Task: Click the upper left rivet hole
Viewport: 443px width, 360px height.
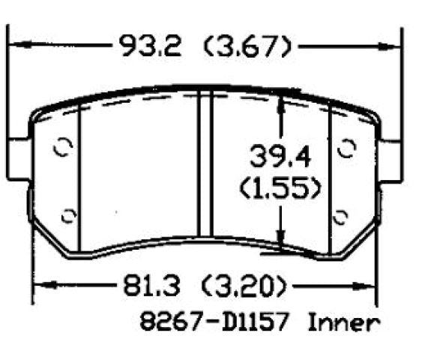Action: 63,147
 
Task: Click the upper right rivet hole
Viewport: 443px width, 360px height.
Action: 346,148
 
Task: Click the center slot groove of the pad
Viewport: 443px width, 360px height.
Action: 205,165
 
